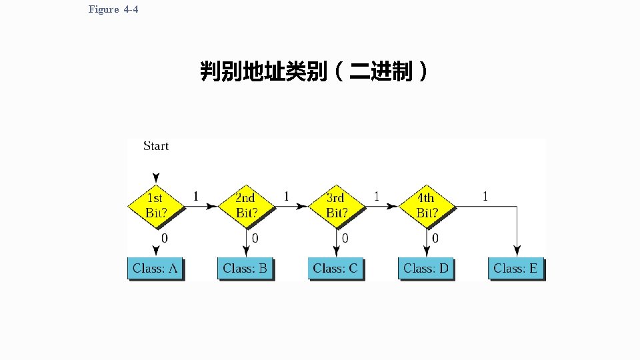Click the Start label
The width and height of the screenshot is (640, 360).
click(156, 146)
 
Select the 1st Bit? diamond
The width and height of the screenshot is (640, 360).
click(155, 206)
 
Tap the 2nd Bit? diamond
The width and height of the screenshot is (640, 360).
click(246, 206)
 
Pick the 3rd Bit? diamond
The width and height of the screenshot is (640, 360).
click(336, 206)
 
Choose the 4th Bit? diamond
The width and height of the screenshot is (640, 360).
click(427, 206)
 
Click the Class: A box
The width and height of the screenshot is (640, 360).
click(155, 269)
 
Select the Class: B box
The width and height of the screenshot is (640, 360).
click(245, 269)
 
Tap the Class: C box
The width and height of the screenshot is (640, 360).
click(335, 269)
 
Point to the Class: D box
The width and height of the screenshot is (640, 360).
click(426, 269)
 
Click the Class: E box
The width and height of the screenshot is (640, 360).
click(516, 269)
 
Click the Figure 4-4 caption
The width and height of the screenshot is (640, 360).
click(113, 9)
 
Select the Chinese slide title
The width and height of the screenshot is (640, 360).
click(314, 71)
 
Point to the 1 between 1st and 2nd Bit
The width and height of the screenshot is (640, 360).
click(195, 196)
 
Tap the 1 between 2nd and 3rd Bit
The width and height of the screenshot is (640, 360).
click(287, 196)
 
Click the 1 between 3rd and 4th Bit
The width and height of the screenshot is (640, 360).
click(377, 196)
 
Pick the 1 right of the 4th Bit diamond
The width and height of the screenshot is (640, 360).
click(485, 196)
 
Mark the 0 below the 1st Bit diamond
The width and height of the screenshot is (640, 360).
click(165, 237)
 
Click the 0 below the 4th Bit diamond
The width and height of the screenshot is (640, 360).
click(435, 237)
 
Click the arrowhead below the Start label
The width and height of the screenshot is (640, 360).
click(155, 178)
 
